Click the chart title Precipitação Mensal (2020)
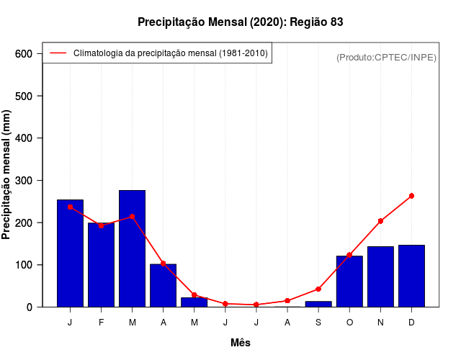240,22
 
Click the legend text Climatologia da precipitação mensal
171,53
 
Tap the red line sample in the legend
58,53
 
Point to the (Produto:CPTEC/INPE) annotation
386,57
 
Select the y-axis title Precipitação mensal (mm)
7,180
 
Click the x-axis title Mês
241,343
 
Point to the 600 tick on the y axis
24,54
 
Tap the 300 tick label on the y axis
24,181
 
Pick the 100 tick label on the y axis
24,265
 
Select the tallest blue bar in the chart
133,248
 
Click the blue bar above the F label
101,265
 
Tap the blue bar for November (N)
380,277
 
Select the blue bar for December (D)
411,276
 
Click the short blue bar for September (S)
318,305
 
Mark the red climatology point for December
411,196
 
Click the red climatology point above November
380,221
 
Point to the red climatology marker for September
318,289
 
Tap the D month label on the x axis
411,323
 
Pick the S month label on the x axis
318,323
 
